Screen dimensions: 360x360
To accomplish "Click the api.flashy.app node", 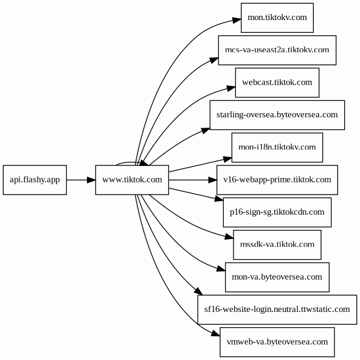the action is pos(35,180).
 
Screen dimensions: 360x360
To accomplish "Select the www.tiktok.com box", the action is pos(132,180).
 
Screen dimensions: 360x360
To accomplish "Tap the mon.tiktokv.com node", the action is pos(277,18).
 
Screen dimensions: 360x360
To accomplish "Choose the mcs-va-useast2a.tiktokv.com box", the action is pos(277,50).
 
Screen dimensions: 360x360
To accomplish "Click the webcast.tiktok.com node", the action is pos(277,83).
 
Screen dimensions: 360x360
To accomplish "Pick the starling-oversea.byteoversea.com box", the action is pos(277,115).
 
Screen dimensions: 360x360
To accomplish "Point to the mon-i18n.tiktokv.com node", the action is pos(277,147).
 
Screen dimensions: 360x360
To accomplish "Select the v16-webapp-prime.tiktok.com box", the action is pos(277,180).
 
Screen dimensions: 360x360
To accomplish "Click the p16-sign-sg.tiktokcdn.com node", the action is pos(277,212).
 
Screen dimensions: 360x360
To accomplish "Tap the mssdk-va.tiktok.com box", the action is pos(277,244).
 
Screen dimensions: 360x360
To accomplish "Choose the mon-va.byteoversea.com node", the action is pos(277,277).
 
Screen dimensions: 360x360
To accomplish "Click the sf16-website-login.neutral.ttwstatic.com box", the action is pos(277,310).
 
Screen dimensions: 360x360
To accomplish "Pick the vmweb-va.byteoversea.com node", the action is pos(277,342).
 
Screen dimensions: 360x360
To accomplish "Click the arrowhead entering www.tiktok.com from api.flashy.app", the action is pos(91,180).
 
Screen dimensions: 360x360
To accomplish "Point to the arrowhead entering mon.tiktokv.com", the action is pos(237,20).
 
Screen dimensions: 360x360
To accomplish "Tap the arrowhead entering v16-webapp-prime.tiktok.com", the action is pos(212,180).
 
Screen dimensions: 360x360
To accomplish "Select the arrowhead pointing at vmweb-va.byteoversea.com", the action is pos(216,334).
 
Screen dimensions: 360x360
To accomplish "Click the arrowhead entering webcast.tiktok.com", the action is pos(231,88).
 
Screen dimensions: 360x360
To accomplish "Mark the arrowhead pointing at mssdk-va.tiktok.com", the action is pos(229,237).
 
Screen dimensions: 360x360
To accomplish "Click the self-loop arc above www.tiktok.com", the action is pos(128,162).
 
